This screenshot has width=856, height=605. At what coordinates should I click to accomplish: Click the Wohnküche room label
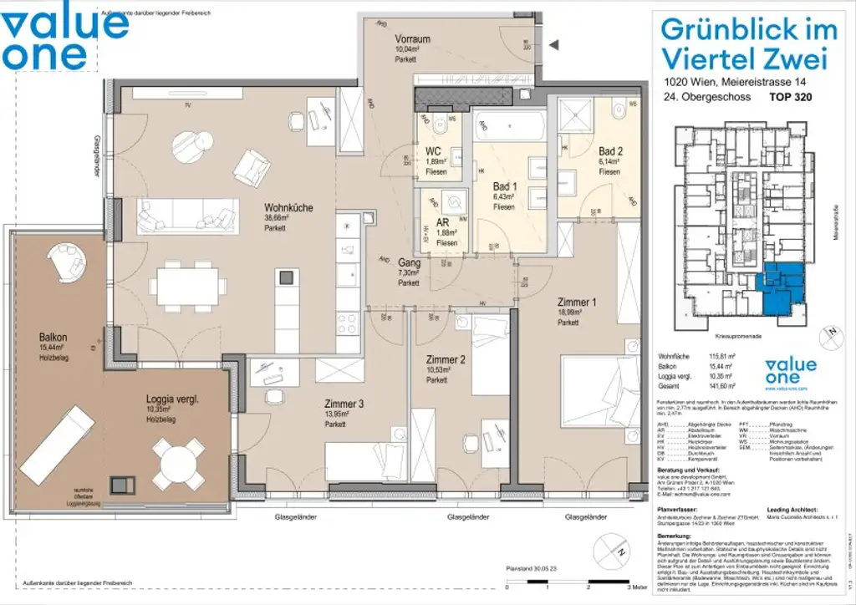(288, 207)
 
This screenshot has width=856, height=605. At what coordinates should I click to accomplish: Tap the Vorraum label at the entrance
(412, 39)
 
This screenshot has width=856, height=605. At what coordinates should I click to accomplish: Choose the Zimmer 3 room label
(344, 404)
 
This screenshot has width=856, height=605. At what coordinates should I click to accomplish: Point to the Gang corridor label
(409, 262)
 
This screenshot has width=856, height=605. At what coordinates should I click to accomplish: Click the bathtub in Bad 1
(510, 127)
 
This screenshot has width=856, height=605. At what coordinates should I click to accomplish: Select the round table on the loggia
(178, 459)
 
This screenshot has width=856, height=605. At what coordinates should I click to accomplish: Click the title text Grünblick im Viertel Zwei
(748, 43)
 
